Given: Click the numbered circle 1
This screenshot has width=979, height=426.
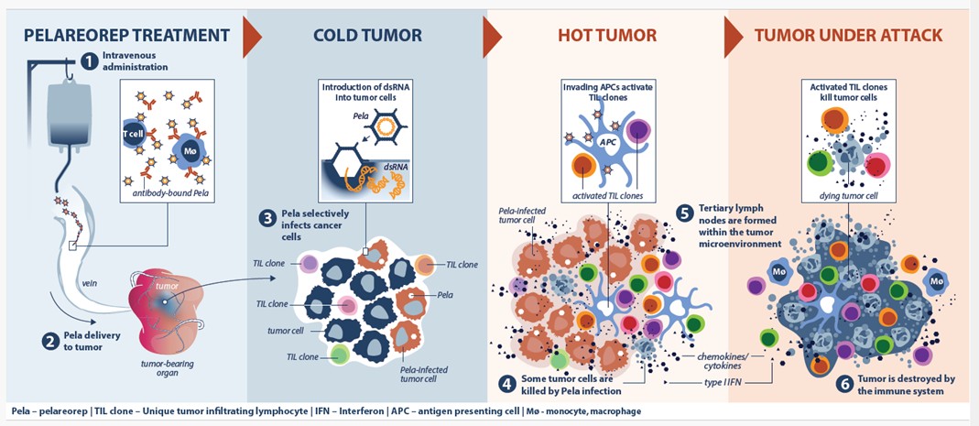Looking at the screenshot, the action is tap(90, 60).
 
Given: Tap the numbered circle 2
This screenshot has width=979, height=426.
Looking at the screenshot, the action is tap(50, 342).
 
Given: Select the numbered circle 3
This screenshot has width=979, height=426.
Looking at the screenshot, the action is tap(267, 219).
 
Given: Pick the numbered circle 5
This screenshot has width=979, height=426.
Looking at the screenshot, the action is tap(684, 213).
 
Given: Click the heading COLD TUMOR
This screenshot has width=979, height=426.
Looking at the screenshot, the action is tap(367, 35).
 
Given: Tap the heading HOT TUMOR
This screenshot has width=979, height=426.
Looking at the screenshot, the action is tap(607, 35).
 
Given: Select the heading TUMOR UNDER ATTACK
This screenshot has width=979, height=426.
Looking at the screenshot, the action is tap(848, 35).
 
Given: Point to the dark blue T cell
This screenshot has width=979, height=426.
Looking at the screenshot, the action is tap(133, 134).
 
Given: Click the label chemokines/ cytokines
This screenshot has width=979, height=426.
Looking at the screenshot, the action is tap(721, 361).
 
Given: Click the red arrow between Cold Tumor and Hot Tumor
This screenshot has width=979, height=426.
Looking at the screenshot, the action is tap(492, 37).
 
